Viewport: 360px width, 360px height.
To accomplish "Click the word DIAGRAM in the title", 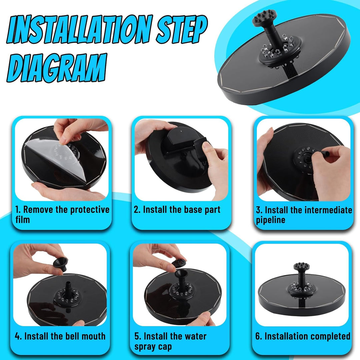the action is tap(57, 68).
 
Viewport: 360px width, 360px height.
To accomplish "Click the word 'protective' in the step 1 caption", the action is tap(90, 210).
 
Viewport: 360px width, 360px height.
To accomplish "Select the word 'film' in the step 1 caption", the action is tap(23, 220).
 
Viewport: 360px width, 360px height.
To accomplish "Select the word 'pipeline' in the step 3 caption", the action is tap(270, 220).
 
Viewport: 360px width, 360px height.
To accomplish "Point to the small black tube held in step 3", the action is tap(323, 153).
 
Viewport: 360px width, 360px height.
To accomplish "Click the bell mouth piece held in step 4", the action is tap(60, 264).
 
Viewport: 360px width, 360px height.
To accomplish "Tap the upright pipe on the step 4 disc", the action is tap(68, 288).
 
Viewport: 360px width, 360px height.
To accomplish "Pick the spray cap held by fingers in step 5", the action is tap(179, 263).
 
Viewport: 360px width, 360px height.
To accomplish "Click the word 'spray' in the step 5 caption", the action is tap(146, 347).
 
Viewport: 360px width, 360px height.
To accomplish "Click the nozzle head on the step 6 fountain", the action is tap(301, 266).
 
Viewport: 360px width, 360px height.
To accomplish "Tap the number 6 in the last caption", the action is tap(258, 336).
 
